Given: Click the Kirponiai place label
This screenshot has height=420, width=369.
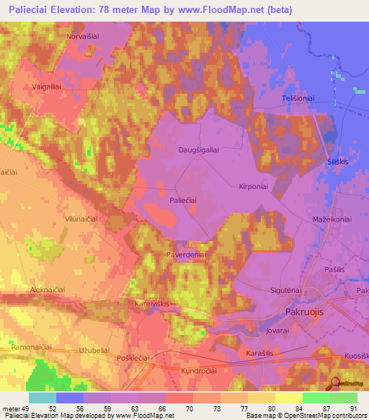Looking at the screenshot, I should click(x=254, y=185).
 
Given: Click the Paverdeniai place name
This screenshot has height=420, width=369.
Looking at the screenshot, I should click(x=187, y=254).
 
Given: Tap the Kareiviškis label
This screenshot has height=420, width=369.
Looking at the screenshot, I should click(x=152, y=304).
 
